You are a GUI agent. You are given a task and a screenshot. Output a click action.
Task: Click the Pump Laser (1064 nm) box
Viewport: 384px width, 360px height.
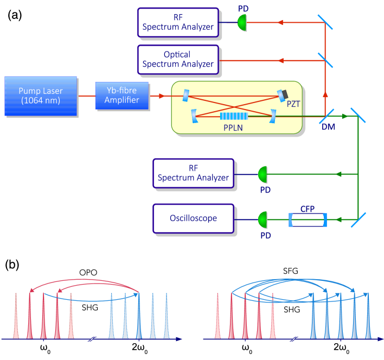(x=41, y=95)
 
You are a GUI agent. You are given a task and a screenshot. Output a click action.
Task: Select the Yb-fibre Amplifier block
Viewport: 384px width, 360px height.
(x=122, y=95)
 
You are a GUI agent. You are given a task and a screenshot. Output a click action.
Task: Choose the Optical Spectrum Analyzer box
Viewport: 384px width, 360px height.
(x=178, y=59)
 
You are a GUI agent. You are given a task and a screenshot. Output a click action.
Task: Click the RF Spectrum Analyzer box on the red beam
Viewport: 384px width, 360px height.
(x=178, y=22)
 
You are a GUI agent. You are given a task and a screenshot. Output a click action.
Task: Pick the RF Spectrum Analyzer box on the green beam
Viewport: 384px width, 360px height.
(x=194, y=173)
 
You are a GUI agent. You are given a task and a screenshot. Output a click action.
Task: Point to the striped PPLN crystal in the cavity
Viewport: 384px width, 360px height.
(x=234, y=115)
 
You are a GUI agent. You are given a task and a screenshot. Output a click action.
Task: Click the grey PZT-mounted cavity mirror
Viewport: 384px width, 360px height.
(x=282, y=95)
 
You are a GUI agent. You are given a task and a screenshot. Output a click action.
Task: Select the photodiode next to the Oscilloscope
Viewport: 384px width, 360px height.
(x=263, y=220)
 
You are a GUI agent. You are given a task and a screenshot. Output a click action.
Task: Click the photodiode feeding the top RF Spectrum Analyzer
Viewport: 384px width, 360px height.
(x=242, y=22)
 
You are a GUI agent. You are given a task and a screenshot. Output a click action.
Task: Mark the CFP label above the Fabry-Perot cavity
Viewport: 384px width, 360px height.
(x=308, y=208)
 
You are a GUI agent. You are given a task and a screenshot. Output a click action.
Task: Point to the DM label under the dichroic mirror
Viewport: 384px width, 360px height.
(x=328, y=126)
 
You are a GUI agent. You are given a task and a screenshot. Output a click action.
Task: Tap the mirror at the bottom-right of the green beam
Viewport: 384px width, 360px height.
(x=358, y=220)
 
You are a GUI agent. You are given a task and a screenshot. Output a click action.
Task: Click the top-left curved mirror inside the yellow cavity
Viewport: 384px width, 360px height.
(x=186, y=96)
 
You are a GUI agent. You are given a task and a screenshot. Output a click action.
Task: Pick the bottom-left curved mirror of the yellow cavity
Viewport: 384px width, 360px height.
(x=194, y=115)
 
